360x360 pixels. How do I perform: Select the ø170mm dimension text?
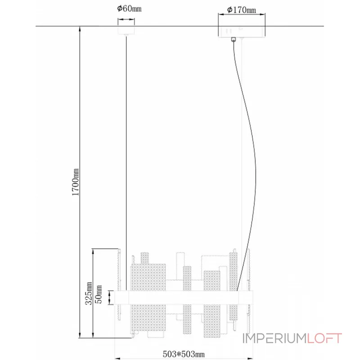tap(242, 9)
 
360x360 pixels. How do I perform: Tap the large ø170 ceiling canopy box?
tap(242, 31)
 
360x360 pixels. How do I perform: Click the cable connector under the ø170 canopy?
tap(234, 39)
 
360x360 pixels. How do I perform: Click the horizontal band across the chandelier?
tap(184, 297)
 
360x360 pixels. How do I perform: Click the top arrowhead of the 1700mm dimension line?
tap(80, 28)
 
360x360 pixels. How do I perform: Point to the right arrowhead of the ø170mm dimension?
tap(263, 14)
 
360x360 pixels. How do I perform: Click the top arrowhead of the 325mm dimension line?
tap(93, 250)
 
